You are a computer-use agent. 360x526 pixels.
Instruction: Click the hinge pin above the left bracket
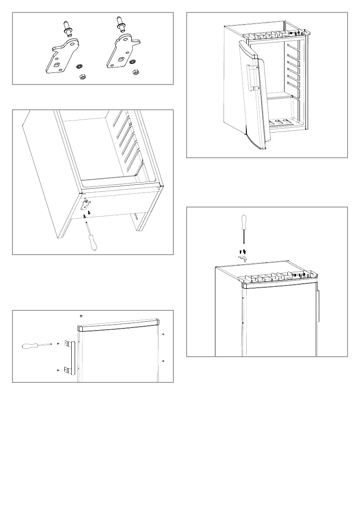tap(67, 27)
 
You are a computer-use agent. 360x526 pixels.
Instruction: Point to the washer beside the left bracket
tap(79, 67)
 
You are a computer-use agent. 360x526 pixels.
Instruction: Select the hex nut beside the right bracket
tap(136, 72)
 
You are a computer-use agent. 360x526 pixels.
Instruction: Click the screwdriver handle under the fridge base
tap(93, 243)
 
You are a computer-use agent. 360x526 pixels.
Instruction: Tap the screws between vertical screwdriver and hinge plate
tap(242, 251)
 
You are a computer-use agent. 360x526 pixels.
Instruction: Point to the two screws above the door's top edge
tap(81, 316)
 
